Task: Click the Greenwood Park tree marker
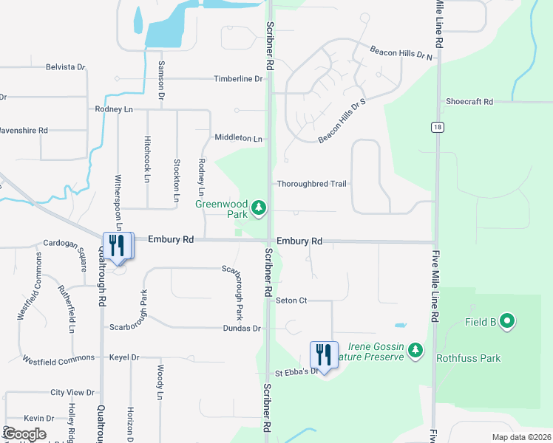(x=259, y=209)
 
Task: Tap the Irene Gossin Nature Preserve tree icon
(x=415, y=349)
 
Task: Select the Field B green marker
(x=506, y=321)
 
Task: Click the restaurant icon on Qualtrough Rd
(x=117, y=246)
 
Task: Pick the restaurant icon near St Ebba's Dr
(x=323, y=354)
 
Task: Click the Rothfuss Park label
(x=468, y=359)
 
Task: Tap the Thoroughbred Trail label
(x=311, y=183)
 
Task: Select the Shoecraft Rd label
(x=469, y=102)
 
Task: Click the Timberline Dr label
(x=238, y=79)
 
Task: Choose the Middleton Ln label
(x=238, y=138)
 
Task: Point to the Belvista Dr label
(x=66, y=66)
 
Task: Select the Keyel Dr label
(x=123, y=357)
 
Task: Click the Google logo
(x=24, y=434)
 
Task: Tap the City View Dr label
(x=72, y=393)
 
